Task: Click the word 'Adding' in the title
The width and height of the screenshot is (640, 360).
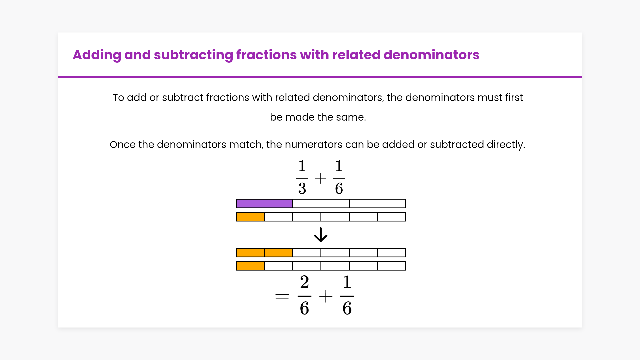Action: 97,55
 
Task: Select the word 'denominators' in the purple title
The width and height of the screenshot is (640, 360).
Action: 431,55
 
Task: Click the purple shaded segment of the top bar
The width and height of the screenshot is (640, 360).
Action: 264,204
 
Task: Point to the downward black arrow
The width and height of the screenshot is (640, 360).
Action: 321,235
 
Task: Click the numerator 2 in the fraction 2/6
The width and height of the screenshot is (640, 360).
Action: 304,283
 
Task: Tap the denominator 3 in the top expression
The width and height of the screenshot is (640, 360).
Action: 302,189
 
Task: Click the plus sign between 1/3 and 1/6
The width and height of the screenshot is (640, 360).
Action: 321,178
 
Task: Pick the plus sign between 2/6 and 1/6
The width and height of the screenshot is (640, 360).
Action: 326,296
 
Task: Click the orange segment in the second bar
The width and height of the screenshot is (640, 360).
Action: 250,217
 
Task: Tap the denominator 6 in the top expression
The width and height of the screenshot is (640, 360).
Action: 339,189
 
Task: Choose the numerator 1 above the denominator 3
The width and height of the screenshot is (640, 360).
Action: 302,166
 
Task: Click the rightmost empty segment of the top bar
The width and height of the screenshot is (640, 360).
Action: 377,204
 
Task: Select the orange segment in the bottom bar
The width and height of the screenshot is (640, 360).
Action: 250,266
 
